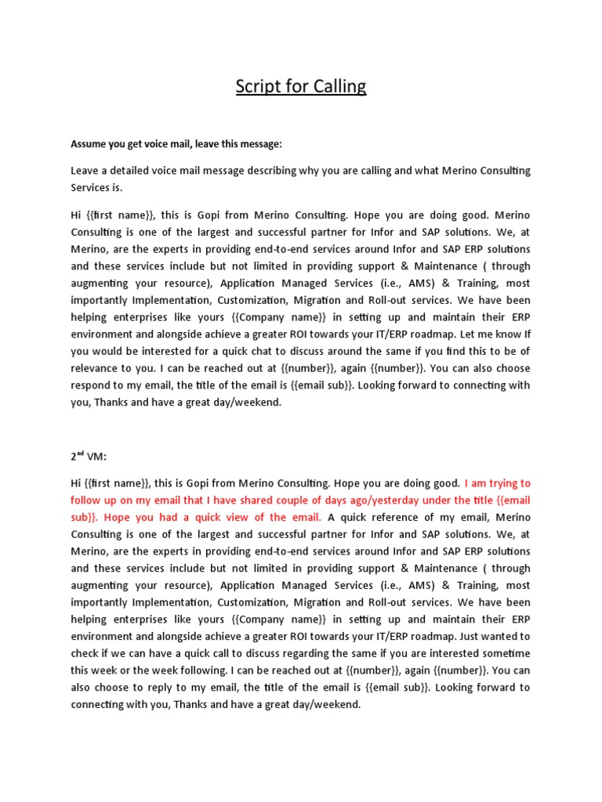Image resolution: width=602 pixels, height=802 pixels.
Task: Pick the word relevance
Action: [98, 368]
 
